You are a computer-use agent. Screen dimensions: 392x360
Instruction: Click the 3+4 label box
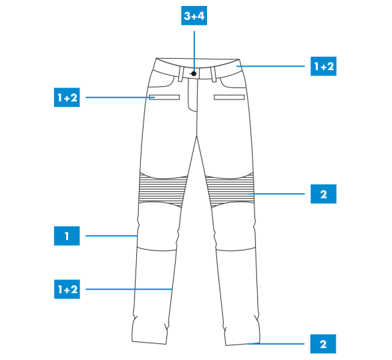(x=194, y=15)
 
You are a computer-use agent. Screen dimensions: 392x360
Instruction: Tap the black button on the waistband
(x=194, y=73)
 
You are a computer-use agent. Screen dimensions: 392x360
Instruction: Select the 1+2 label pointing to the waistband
(x=323, y=66)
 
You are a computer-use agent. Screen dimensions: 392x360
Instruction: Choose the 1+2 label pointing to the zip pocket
(x=67, y=98)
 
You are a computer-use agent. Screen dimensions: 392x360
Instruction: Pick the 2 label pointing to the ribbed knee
(x=323, y=194)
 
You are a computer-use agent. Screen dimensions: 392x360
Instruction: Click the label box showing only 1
(x=67, y=236)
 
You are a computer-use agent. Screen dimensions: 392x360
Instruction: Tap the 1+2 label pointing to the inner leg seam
(x=67, y=289)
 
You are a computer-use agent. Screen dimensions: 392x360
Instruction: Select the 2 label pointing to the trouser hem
(x=323, y=344)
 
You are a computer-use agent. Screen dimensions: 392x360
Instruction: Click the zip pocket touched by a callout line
(x=164, y=98)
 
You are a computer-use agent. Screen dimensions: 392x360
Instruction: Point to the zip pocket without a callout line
(x=229, y=98)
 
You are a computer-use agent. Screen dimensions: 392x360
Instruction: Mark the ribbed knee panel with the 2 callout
(x=230, y=190)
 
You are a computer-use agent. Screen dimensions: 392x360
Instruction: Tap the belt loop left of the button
(x=180, y=74)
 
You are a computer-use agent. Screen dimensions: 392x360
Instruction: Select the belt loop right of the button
(x=213, y=74)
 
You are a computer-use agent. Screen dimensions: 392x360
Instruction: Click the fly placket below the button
(x=193, y=95)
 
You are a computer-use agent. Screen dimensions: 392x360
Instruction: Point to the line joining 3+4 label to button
(x=194, y=51)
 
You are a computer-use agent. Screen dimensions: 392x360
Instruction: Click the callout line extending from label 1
(x=112, y=236)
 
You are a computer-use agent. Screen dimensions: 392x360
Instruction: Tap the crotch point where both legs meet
(x=197, y=136)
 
